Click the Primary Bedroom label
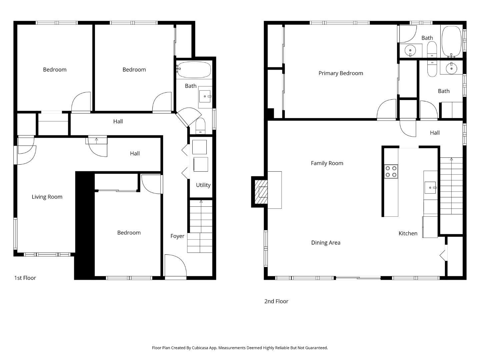click(x=341, y=73)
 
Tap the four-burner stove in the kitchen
click(x=391, y=171)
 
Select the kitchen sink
click(x=430, y=188)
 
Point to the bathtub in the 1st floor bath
click(x=194, y=70)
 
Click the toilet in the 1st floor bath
click(x=200, y=126)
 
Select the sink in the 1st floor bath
click(x=205, y=97)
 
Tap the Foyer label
click(x=177, y=236)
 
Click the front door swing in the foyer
click(x=175, y=266)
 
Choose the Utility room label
click(x=203, y=185)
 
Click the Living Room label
click(x=47, y=197)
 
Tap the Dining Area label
click(x=326, y=243)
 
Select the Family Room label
click(x=327, y=163)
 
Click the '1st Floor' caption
click(x=25, y=278)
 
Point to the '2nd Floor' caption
click(x=276, y=301)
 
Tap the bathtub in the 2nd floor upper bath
click(x=451, y=42)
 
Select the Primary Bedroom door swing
click(x=386, y=110)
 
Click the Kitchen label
click(x=408, y=233)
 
